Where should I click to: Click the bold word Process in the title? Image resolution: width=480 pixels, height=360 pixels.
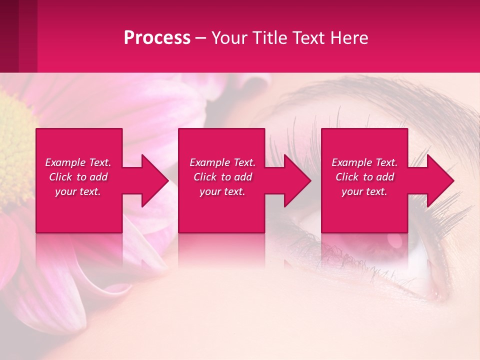[157, 37]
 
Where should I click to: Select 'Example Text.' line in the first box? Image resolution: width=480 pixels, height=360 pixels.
[78, 162]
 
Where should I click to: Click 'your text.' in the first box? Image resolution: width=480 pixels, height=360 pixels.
[78, 191]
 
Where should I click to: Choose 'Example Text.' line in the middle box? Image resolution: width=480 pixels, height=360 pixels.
[222, 162]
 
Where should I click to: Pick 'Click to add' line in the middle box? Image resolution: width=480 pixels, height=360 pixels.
[222, 177]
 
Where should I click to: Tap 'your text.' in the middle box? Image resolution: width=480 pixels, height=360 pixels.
[222, 191]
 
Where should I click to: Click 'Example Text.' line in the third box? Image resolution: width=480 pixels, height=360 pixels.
[364, 162]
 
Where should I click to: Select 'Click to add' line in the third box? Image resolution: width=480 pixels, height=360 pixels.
[364, 177]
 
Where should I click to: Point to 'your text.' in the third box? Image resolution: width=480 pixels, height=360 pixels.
[364, 191]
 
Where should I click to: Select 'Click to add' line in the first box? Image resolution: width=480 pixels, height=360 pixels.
[78, 177]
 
